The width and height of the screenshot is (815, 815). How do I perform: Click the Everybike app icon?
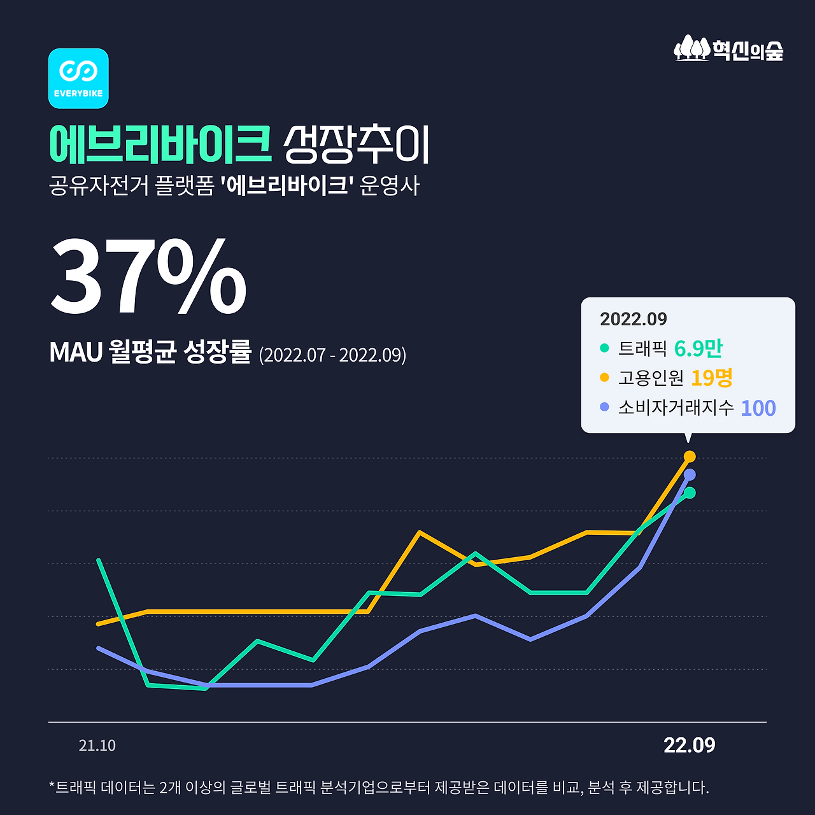click(x=78, y=78)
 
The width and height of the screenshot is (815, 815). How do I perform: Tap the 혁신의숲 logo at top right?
click(x=728, y=49)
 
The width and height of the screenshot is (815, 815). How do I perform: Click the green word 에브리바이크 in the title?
click(x=160, y=145)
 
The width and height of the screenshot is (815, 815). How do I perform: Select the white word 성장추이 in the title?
click(x=357, y=145)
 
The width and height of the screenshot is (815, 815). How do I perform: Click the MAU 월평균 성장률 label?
click(x=150, y=353)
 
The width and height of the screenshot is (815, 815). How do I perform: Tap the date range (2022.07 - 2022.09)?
click(x=332, y=355)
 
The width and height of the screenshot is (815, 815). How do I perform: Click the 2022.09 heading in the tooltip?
click(x=633, y=319)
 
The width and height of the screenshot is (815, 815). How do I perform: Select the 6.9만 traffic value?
click(x=698, y=348)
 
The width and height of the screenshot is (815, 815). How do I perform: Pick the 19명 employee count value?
click(x=711, y=378)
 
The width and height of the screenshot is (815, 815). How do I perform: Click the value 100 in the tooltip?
click(x=758, y=408)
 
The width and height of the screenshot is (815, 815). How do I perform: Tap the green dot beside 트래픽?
click(x=604, y=348)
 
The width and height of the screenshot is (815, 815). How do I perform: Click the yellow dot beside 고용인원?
click(x=604, y=378)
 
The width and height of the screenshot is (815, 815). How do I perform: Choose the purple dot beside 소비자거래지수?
click(x=604, y=407)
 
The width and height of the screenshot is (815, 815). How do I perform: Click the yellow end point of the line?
click(x=689, y=457)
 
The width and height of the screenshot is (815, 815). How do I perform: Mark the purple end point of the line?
click(x=689, y=475)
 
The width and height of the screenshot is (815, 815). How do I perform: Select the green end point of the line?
click(x=689, y=493)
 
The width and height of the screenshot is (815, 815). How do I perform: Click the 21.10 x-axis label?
click(x=97, y=746)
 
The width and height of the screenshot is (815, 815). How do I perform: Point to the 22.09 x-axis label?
click(x=689, y=745)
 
